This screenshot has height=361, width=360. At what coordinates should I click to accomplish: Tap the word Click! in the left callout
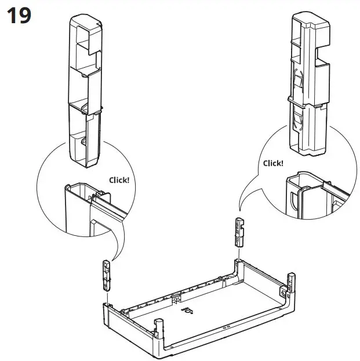tap(119, 180)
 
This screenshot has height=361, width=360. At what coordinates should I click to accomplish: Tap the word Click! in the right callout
tap(273, 163)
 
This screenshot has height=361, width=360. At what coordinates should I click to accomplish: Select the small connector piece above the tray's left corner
tap(106, 275)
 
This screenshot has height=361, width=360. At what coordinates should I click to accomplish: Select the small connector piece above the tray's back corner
tap(239, 232)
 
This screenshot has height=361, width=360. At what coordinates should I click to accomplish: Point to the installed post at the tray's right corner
tap(292, 287)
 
